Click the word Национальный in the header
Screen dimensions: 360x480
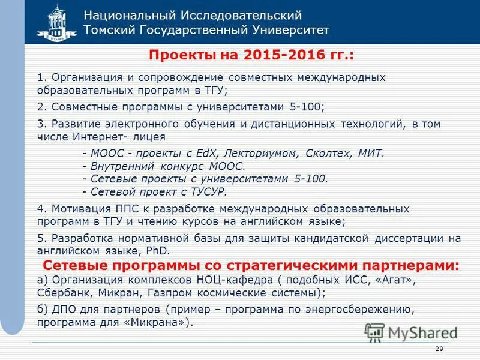[122, 15]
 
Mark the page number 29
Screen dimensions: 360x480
[438, 350]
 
